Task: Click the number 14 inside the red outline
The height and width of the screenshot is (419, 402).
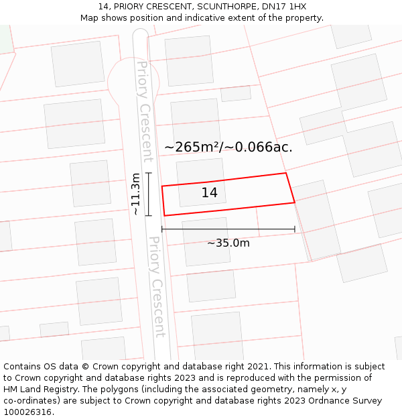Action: (209, 193)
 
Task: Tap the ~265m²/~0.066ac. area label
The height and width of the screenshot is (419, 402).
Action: (228, 147)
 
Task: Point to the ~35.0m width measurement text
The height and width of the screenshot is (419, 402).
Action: (228, 243)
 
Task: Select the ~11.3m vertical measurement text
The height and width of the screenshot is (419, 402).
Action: (136, 194)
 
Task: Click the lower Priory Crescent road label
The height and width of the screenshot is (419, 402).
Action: (157, 286)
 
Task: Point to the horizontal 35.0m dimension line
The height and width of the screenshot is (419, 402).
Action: (228, 229)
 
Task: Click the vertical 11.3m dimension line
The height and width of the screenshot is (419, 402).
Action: (149, 194)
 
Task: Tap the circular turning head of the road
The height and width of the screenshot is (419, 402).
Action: (133, 82)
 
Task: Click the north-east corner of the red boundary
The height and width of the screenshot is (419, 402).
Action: (286, 173)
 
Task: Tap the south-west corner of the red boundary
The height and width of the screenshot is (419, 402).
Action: (164, 216)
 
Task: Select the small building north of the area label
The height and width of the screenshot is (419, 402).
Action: (236, 93)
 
